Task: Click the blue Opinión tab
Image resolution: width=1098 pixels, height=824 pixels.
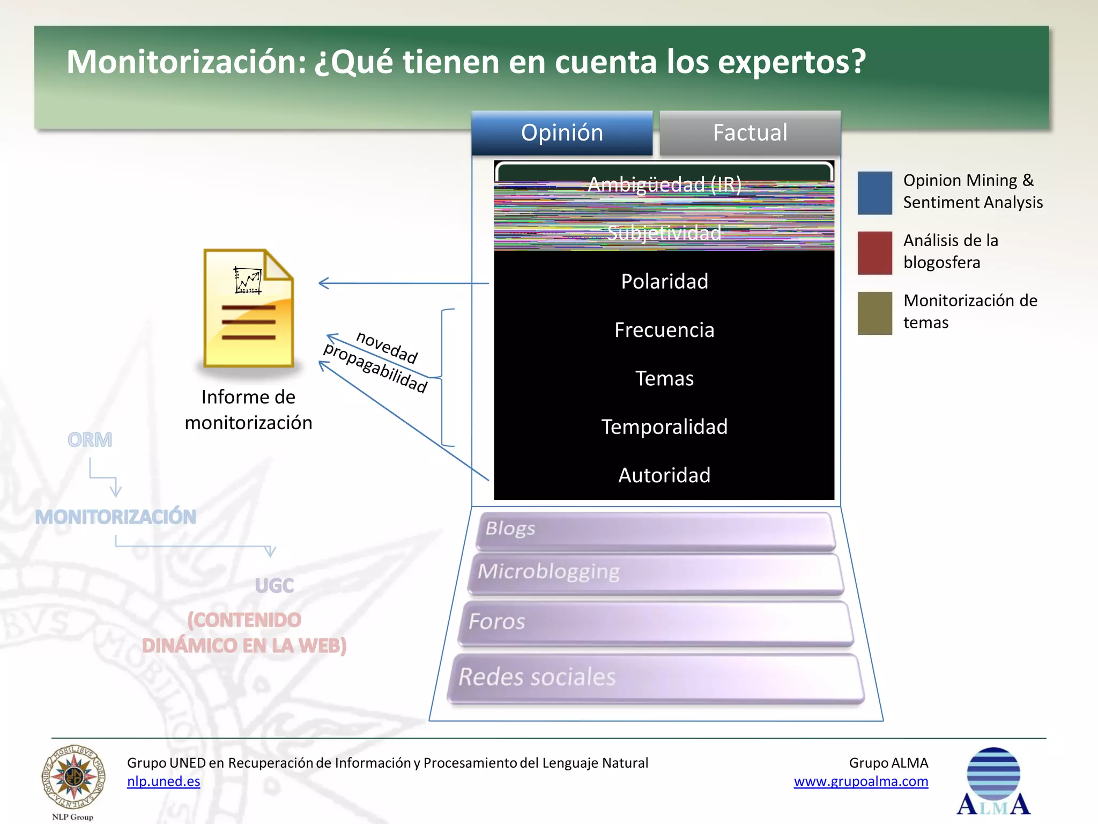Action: (x=562, y=133)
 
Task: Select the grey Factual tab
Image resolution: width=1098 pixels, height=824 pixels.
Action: (x=750, y=133)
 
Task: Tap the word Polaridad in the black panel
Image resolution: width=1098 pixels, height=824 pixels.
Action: (x=664, y=282)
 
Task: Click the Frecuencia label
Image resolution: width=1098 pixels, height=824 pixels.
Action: (x=664, y=330)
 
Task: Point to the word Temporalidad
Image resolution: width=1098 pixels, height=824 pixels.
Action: (x=664, y=427)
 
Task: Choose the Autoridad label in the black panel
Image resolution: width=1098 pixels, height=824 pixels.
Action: (x=664, y=475)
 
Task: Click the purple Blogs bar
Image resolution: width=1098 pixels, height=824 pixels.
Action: (x=655, y=531)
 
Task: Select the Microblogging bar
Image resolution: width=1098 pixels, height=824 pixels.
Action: (x=655, y=573)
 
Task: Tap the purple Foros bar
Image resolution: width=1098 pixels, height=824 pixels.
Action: (x=655, y=623)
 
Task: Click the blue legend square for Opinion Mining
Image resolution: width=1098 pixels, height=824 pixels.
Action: (x=874, y=193)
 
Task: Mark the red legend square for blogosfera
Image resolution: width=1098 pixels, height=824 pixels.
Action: (x=874, y=253)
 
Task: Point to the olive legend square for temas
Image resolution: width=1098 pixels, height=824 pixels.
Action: (x=874, y=313)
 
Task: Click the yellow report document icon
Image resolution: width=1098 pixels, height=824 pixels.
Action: (x=248, y=308)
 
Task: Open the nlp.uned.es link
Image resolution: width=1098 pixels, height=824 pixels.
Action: (x=164, y=782)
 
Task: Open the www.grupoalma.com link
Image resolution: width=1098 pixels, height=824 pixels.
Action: (x=860, y=782)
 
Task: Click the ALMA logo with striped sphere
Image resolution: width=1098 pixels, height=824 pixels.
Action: (x=993, y=782)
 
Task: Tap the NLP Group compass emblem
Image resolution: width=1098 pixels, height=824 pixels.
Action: (x=73, y=778)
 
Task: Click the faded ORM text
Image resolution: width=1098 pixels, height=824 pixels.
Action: (x=90, y=440)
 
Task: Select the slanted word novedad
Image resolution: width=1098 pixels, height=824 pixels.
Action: (x=387, y=347)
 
